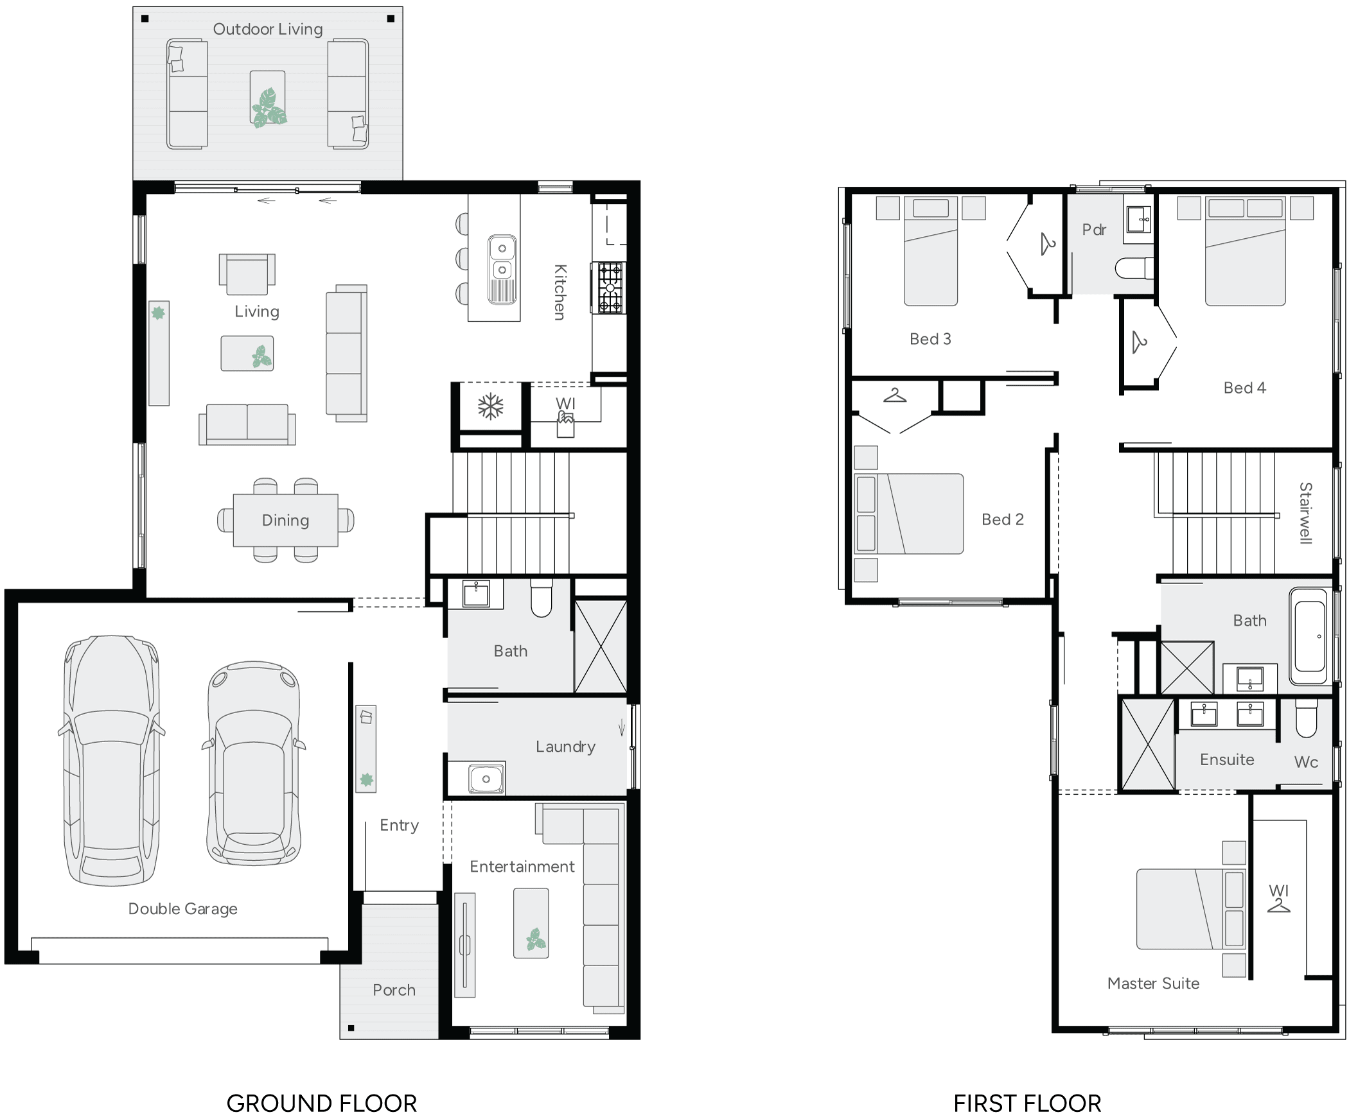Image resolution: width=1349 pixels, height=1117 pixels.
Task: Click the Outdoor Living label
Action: point(267,30)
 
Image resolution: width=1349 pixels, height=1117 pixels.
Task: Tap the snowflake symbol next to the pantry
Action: point(491,406)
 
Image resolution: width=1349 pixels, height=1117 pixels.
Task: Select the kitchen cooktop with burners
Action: point(608,288)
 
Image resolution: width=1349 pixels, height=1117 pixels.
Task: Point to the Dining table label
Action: point(285,520)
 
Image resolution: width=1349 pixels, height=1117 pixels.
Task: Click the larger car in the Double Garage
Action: point(111,761)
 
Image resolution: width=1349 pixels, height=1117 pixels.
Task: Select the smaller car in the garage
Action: point(254,764)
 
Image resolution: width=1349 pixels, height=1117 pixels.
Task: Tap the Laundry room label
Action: point(565,747)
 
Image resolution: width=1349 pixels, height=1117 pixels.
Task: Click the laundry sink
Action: point(486,779)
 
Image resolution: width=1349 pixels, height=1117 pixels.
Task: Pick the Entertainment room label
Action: point(522,867)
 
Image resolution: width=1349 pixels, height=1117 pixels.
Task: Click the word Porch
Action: point(394,990)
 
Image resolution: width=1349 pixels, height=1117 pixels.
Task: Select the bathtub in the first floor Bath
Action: point(1310,636)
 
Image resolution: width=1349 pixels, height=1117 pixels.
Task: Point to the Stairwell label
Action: point(1305,513)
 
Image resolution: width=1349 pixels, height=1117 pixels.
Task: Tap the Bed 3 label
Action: point(930,339)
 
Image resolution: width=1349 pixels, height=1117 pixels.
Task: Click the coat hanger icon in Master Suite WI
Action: point(1278,906)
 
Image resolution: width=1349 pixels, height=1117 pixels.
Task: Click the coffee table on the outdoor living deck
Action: point(267,98)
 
